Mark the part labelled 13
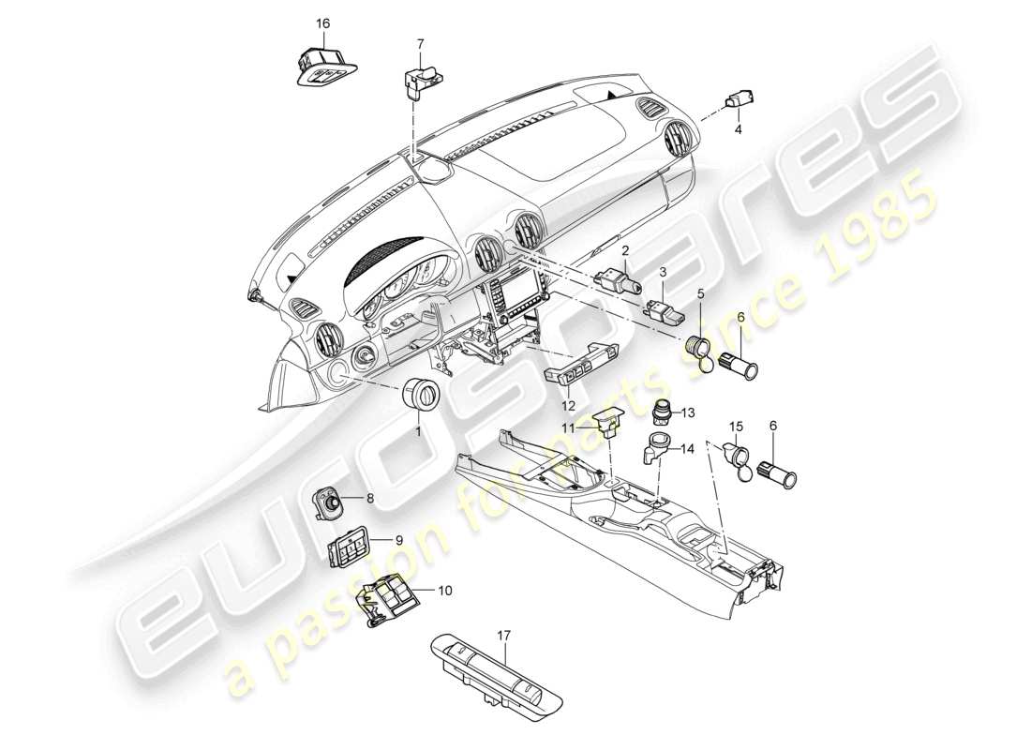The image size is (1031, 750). pyautogui.click(x=664, y=414)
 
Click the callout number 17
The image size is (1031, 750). pyautogui.click(x=503, y=636)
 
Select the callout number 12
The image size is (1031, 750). pyautogui.click(x=568, y=405)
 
